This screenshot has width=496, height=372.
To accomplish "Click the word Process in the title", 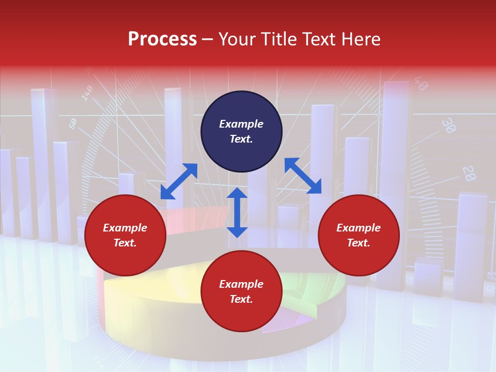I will click(x=162, y=39).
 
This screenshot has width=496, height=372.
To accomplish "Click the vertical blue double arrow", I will click(x=237, y=212).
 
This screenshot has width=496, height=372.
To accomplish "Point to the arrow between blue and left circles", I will click(x=179, y=181).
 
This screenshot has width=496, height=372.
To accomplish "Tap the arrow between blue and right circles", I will click(x=303, y=176).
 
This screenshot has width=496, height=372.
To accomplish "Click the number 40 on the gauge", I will click(x=420, y=84).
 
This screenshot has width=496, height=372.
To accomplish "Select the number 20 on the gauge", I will click(x=468, y=174).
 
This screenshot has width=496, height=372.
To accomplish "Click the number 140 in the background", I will click(x=87, y=93).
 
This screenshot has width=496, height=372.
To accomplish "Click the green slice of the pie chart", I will click(x=310, y=289).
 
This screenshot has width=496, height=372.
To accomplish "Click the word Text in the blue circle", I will click(x=241, y=139).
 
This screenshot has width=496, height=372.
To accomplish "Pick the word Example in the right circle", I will click(x=359, y=228).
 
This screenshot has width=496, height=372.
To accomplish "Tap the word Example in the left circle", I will click(x=125, y=228).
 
